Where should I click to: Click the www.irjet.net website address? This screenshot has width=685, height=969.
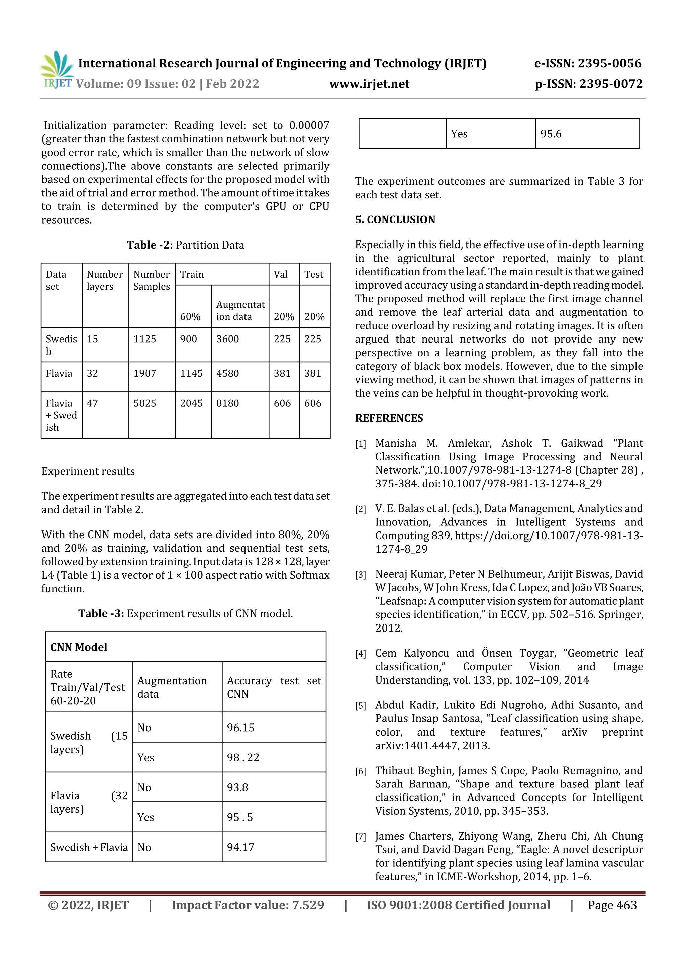369,84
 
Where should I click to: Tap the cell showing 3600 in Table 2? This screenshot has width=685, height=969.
227,339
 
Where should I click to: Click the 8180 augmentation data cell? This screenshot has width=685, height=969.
227,403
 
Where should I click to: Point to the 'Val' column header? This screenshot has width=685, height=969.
281,274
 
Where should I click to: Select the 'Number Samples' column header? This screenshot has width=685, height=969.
152,280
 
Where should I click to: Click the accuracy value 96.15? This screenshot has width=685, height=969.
240,727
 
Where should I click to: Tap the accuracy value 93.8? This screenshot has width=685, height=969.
237,787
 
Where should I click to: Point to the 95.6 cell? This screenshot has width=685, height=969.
551,134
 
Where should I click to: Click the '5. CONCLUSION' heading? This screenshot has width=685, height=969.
395,219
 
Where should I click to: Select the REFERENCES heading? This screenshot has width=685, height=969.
389,418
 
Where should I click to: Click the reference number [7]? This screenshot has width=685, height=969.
361,837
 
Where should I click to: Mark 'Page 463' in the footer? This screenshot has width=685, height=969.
612,905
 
